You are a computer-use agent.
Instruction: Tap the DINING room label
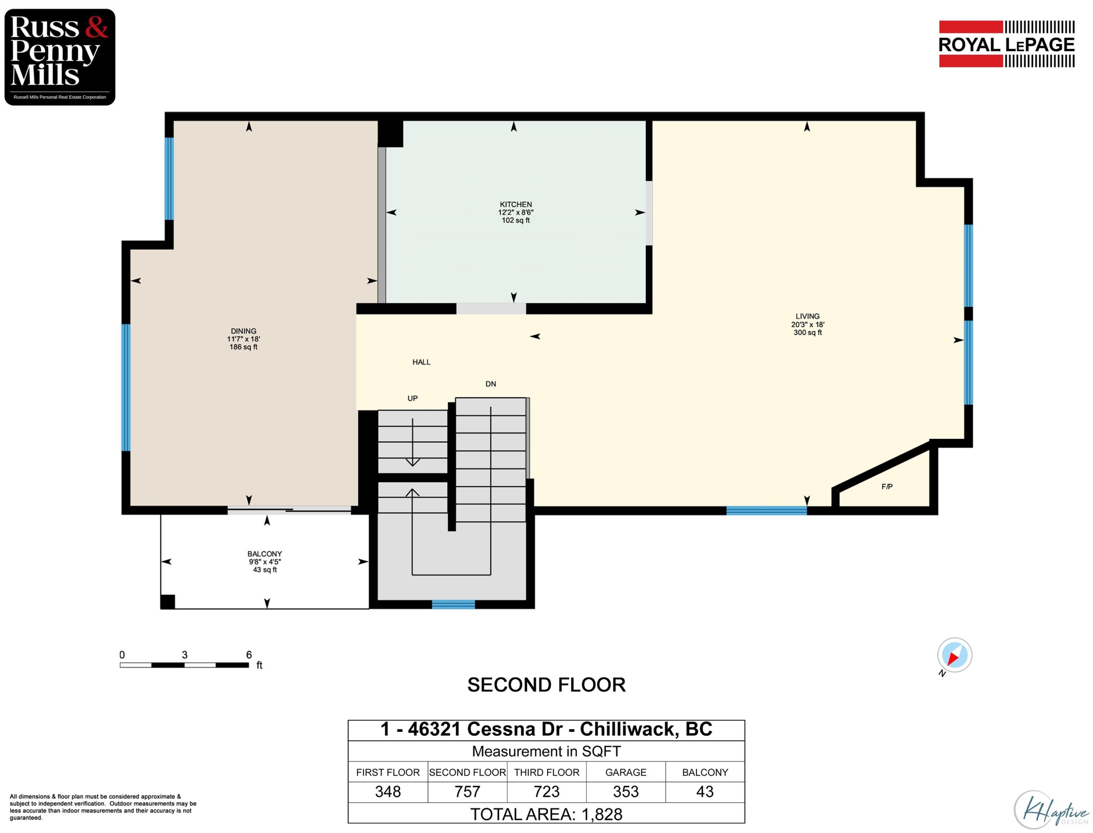pos(243,331)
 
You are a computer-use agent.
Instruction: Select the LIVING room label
pos(807,316)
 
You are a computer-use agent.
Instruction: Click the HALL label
pos(421,362)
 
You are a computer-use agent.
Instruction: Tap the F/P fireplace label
pos(887,486)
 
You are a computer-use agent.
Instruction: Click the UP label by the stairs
pos(412,398)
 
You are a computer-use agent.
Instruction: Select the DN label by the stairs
pos(490,384)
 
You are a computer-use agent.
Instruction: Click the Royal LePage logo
pos(1006,44)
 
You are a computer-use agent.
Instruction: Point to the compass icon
pos(954,655)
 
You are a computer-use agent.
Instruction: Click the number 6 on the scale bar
pos(249,655)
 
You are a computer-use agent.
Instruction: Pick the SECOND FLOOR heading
pos(546,685)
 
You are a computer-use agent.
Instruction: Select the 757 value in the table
pos(467,791)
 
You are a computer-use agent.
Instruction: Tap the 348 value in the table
pos(388,791)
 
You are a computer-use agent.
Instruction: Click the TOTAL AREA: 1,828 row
pos(546,814)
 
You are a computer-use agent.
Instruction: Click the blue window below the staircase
pos(453,604)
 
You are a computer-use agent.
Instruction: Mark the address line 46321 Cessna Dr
pos(546,729)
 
